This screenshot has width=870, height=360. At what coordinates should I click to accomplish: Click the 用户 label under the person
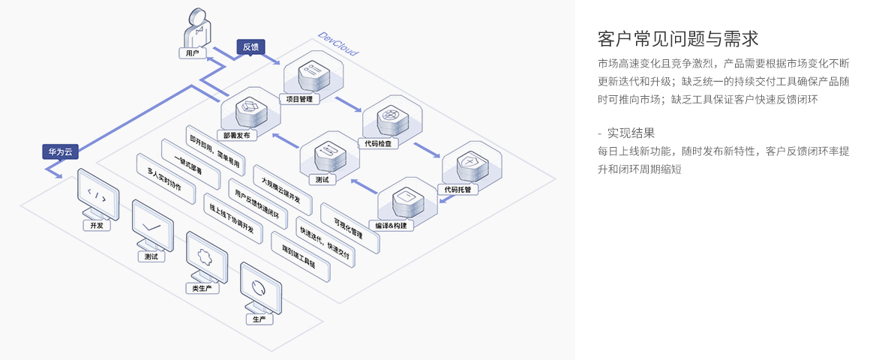(193, 53)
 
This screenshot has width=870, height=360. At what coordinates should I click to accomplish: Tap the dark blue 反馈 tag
(250, 47)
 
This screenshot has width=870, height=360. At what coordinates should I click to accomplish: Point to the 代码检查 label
(377, 143)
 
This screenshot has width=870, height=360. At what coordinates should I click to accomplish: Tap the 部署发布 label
(235, 136)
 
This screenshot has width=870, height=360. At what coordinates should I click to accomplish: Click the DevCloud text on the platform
(337, 44)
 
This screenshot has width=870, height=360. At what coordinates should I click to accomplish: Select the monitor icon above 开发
(97, 193)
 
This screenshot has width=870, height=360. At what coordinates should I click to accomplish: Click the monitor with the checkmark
(152, 222)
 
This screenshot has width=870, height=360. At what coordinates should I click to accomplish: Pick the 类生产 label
(202, 288)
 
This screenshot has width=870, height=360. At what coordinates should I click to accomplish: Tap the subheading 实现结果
(631, 133)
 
